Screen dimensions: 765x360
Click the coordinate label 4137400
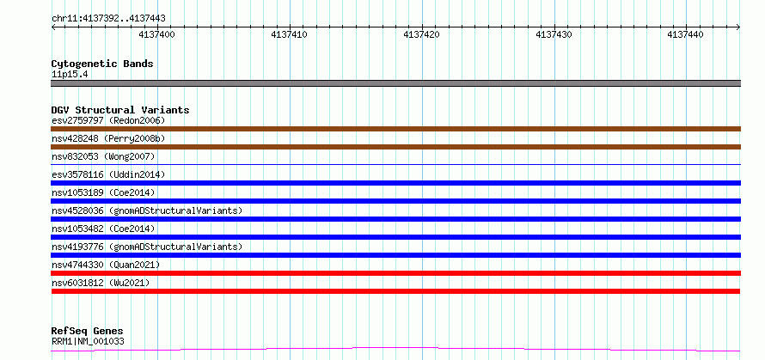156,34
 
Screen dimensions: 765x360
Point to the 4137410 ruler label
289,34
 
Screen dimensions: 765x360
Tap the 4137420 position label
421,34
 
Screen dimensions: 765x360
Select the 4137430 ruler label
554,34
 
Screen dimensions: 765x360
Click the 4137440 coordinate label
685,34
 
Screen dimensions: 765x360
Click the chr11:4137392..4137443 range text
108,19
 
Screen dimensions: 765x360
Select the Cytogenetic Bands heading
102,64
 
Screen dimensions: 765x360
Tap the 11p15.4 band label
70,75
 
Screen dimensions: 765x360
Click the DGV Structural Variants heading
120,110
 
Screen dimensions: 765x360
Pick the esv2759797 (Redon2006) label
108,120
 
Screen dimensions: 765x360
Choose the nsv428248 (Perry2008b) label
108,138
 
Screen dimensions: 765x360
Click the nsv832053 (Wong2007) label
103,156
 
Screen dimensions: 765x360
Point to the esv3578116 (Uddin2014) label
108,174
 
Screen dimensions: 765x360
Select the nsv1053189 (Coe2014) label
103,192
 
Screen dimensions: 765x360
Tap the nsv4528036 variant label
147,211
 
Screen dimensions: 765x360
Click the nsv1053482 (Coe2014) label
103,229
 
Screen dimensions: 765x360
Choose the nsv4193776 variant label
147,247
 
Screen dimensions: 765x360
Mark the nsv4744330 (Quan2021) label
106,265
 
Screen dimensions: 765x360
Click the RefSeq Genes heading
88,332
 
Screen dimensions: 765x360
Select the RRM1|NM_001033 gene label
88,341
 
